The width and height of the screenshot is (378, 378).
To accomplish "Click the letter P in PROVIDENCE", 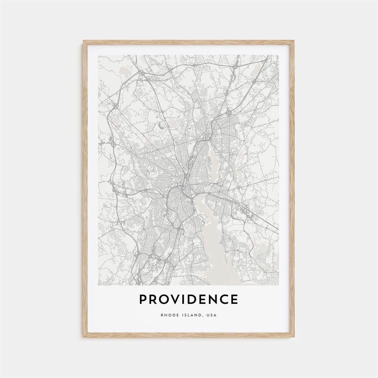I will pos(143,300).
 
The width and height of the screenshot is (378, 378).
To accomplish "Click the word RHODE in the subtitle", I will pos(169,315).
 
